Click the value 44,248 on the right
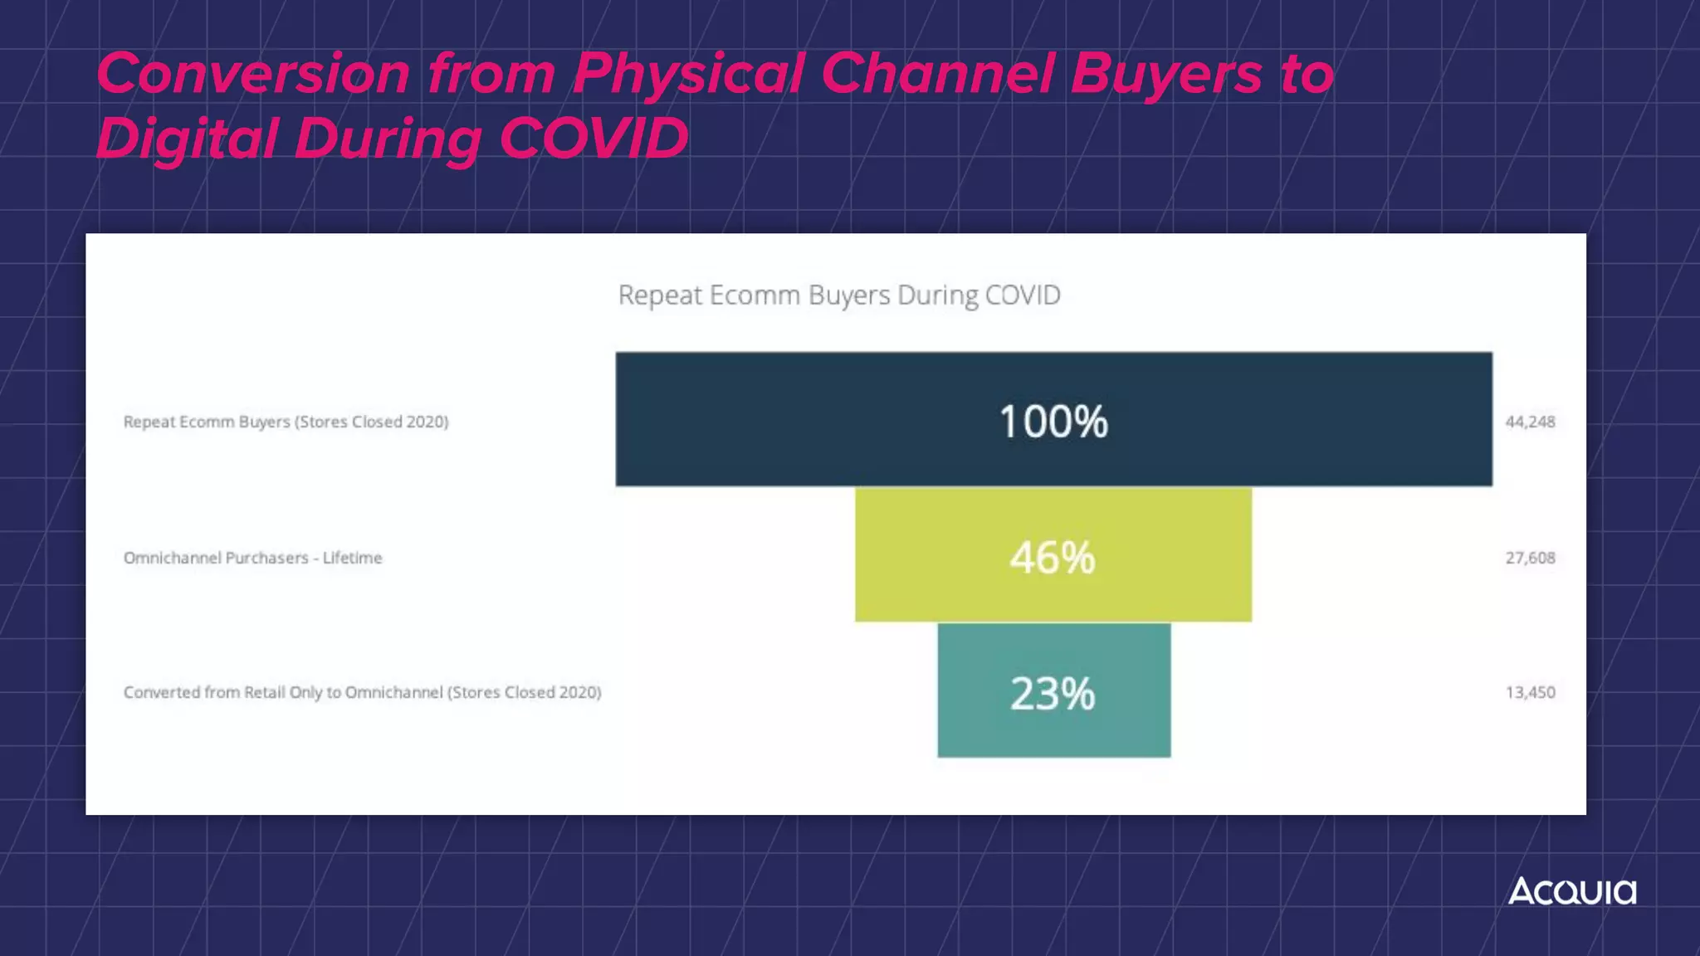(1530, 422)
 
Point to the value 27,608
(1530, 558)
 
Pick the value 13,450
(1530, 692)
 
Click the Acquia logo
(1571, 891)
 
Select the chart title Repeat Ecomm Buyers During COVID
(839, 295)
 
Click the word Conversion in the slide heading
(253, 73)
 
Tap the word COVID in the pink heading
(594, 138)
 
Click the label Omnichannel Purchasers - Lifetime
(252, 558)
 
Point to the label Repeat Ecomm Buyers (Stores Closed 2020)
(286, 422)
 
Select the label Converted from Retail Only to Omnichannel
(362, 692)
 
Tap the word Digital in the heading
(186, 138)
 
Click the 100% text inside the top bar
(1053, 422)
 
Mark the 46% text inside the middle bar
(1053, 557)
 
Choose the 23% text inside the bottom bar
(1053, 694)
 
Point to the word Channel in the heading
(937, 73)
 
